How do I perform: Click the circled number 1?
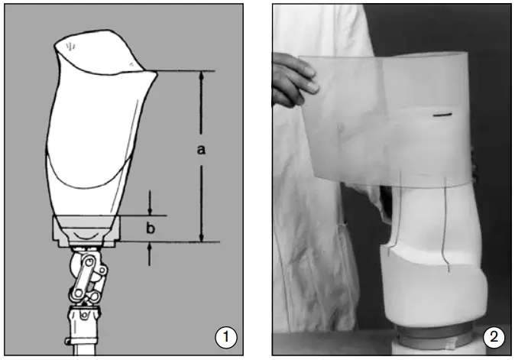coord(225,336)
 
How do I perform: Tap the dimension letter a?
coord(201,151)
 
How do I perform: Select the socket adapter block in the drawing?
coord(86,229)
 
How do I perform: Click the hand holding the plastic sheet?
coord(293,79)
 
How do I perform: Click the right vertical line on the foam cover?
coord(445,229)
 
